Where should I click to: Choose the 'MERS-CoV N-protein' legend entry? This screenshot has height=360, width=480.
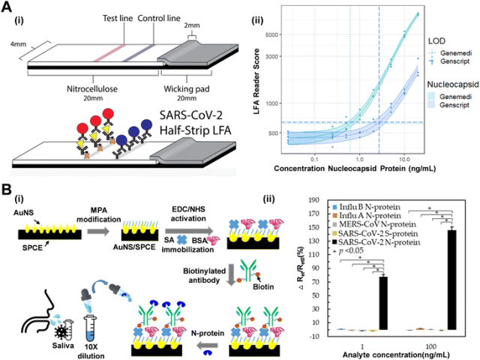pos(381,223)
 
